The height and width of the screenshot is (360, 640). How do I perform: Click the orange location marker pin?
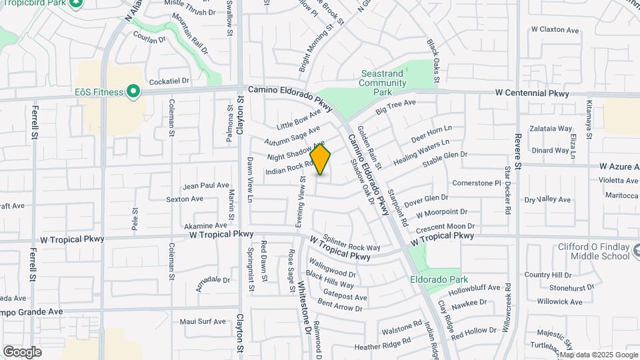tap(321, 159)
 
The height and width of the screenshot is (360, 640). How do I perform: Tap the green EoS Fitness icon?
tap(133, 92)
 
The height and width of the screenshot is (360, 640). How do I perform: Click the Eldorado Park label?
tap(439, 279)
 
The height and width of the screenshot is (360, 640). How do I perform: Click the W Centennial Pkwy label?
tap(532, 94)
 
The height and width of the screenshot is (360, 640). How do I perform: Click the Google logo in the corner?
tap(22, 351)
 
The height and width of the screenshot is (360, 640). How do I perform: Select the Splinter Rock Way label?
tap(351, 243)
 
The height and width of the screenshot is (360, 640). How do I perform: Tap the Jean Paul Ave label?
tap(206, 185)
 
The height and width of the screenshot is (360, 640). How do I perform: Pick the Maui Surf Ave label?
tap(203, 321)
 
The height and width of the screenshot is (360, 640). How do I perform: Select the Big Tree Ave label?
tap(395, 107)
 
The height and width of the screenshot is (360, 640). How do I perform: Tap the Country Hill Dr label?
tap(548, 275)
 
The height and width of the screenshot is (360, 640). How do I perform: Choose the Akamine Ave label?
tap(205, 226)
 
